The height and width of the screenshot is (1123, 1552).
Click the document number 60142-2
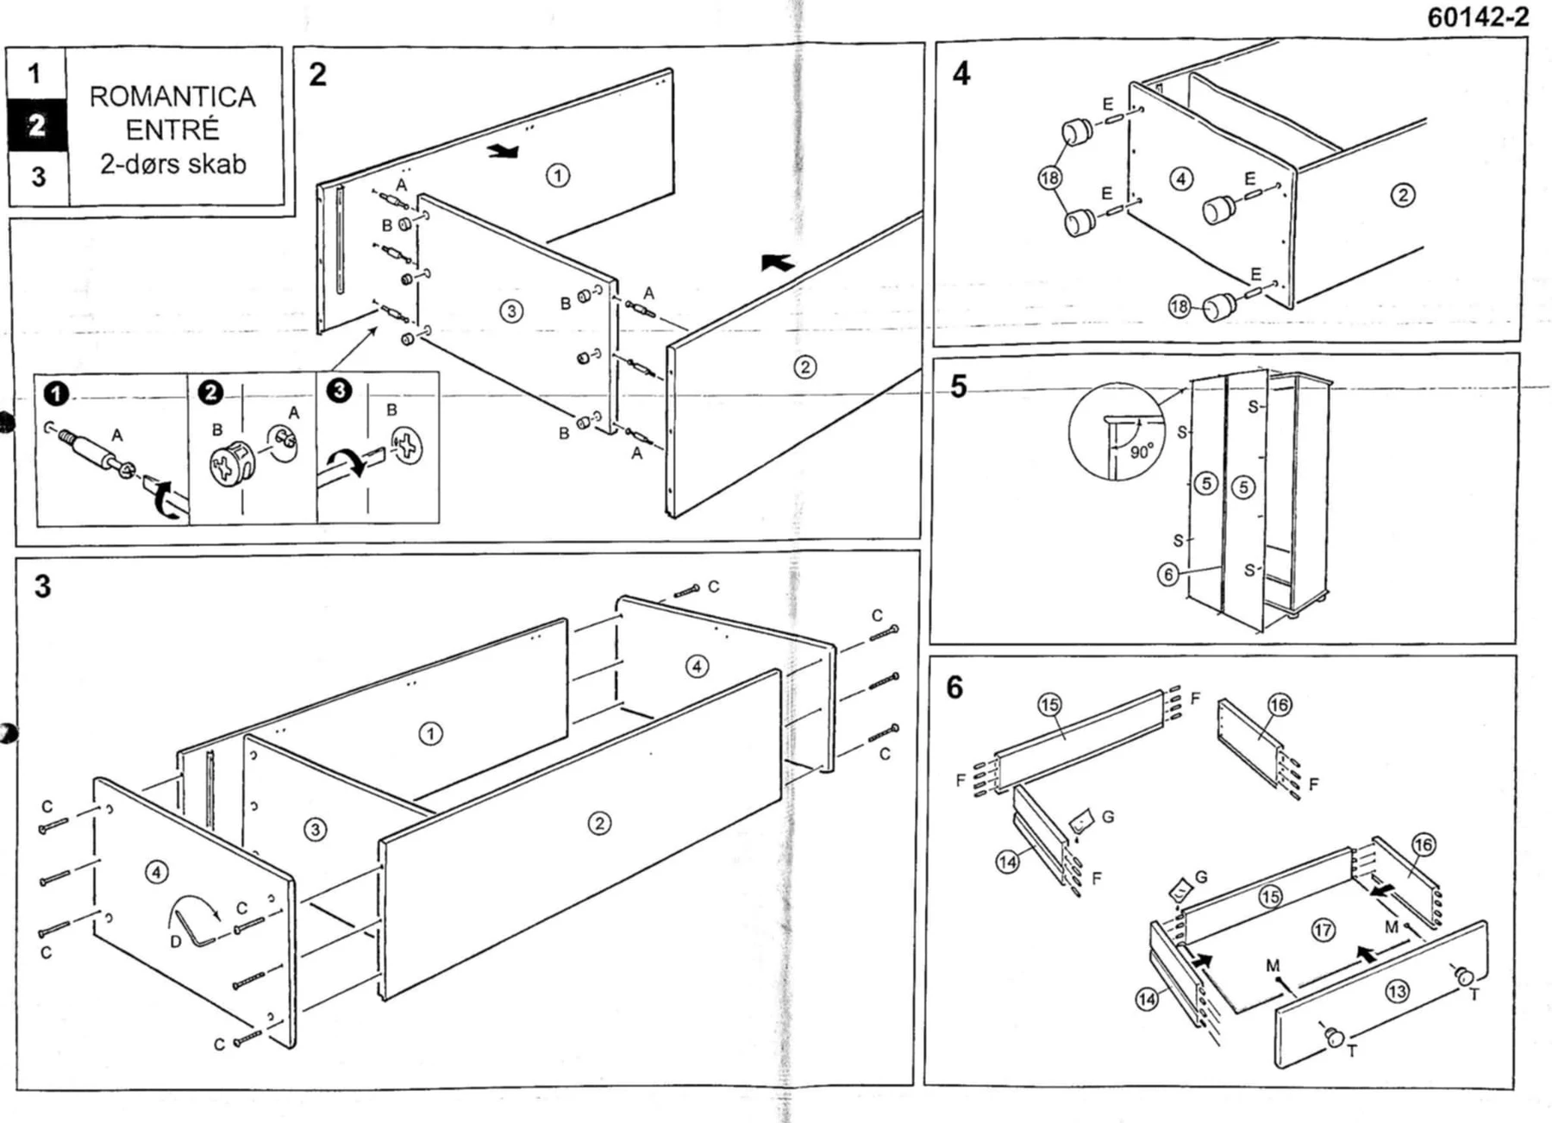click(x=1478, y=17)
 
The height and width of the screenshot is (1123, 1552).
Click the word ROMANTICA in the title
click(x=172, y=97)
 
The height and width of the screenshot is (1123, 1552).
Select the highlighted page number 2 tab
click(x=37, y=126)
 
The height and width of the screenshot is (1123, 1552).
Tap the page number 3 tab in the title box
click(x=38, y=177)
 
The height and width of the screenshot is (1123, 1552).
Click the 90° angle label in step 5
click(x=1141, y=452)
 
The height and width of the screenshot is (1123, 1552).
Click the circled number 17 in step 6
click(x=1323, y=930)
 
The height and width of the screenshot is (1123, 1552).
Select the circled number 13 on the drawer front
click(x=1397, y=991)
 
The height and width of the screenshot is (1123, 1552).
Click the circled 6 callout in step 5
click(x=1167, y=574)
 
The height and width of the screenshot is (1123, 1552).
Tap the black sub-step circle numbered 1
click(x=56, y=394)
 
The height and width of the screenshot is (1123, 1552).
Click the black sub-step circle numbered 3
click(x=339, y=391)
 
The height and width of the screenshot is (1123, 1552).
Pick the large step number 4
click(x=961, y=73)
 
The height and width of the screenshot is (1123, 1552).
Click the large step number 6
click(x=954, y=687)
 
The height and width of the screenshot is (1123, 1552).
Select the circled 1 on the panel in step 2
click(x=558, y=176)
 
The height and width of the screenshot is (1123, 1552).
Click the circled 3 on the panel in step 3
click(x=316, y=830)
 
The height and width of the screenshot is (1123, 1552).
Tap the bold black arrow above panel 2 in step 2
click(x=778, y=261)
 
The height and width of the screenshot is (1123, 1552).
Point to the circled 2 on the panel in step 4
click(x=1403, y=195)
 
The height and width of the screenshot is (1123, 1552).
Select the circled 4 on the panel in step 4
click(x=1180, y=179)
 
